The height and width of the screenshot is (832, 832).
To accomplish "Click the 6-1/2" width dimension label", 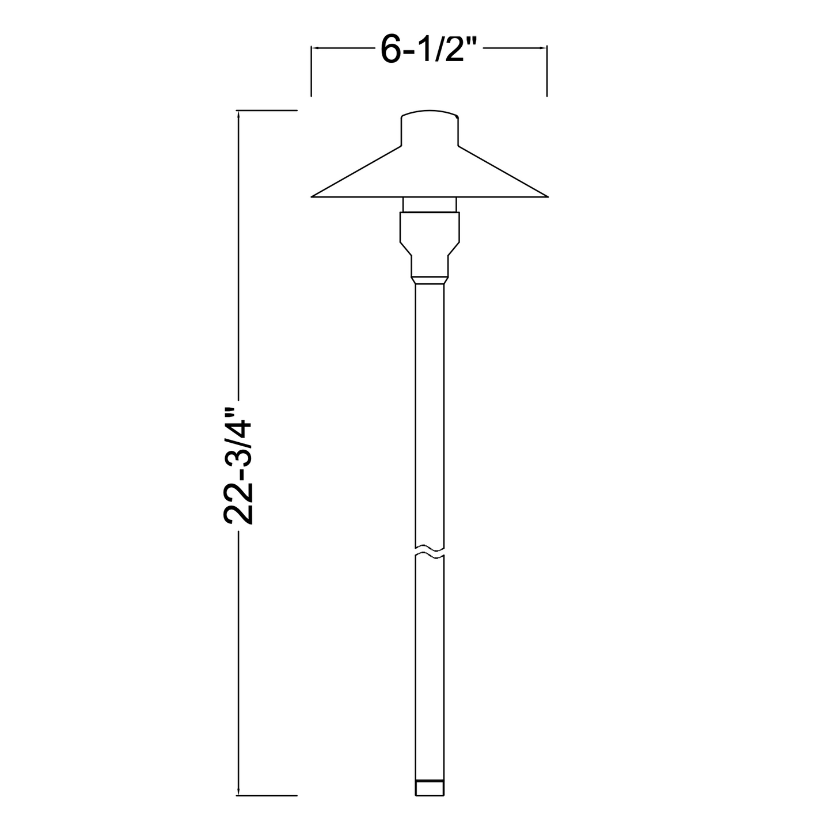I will (430, 51).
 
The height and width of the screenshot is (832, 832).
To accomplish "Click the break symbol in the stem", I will (430, 551).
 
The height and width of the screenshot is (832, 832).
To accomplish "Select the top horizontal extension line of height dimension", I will (267, 110).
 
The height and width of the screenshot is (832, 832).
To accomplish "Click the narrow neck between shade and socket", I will (430, 204).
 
